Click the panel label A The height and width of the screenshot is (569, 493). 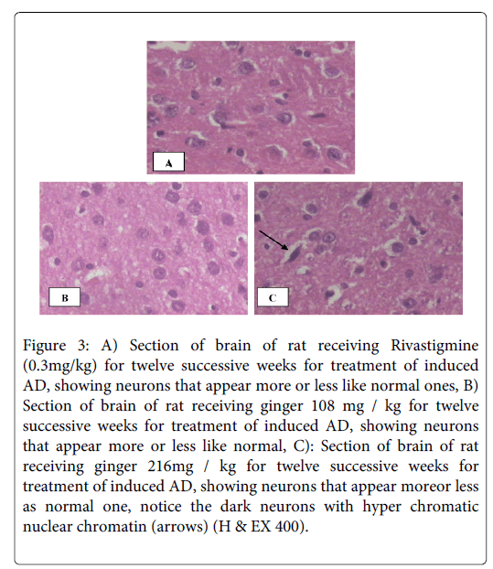(168, 162)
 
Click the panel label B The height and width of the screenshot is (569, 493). (65, 297)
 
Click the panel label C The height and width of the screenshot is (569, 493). (273, 297)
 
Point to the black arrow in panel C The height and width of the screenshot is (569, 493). (273, 240)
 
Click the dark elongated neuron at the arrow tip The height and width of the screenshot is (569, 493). (294, 252)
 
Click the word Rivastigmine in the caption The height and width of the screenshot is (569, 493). (434, 346)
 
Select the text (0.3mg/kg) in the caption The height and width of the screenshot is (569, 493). (59, 366)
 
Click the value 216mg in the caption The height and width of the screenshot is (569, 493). (170, 467)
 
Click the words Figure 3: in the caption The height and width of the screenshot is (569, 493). (56, 346)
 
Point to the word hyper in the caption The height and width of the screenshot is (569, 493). (381, 507)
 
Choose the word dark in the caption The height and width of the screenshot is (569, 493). (235, 506)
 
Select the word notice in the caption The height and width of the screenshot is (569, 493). (161, 506)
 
